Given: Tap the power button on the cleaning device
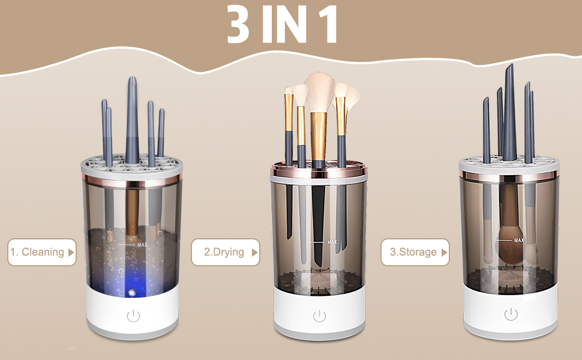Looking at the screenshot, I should click(x=133, y=316).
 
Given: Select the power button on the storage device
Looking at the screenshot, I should click(x=511, y=314).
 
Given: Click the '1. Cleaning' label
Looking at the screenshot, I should click(x=37, y=252).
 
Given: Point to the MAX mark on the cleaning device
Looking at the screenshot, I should click(x=142, y=244).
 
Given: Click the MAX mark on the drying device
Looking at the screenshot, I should click(x=332, y=242).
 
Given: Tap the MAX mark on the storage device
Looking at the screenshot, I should click(x=518, y=240).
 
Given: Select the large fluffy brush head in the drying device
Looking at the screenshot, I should click(x=319, y=89).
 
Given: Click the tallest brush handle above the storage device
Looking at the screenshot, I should click(x=509, y=111).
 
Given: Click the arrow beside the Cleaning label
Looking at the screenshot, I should click(x=72, y=252).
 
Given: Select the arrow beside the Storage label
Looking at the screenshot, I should click(x=445, y=252).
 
